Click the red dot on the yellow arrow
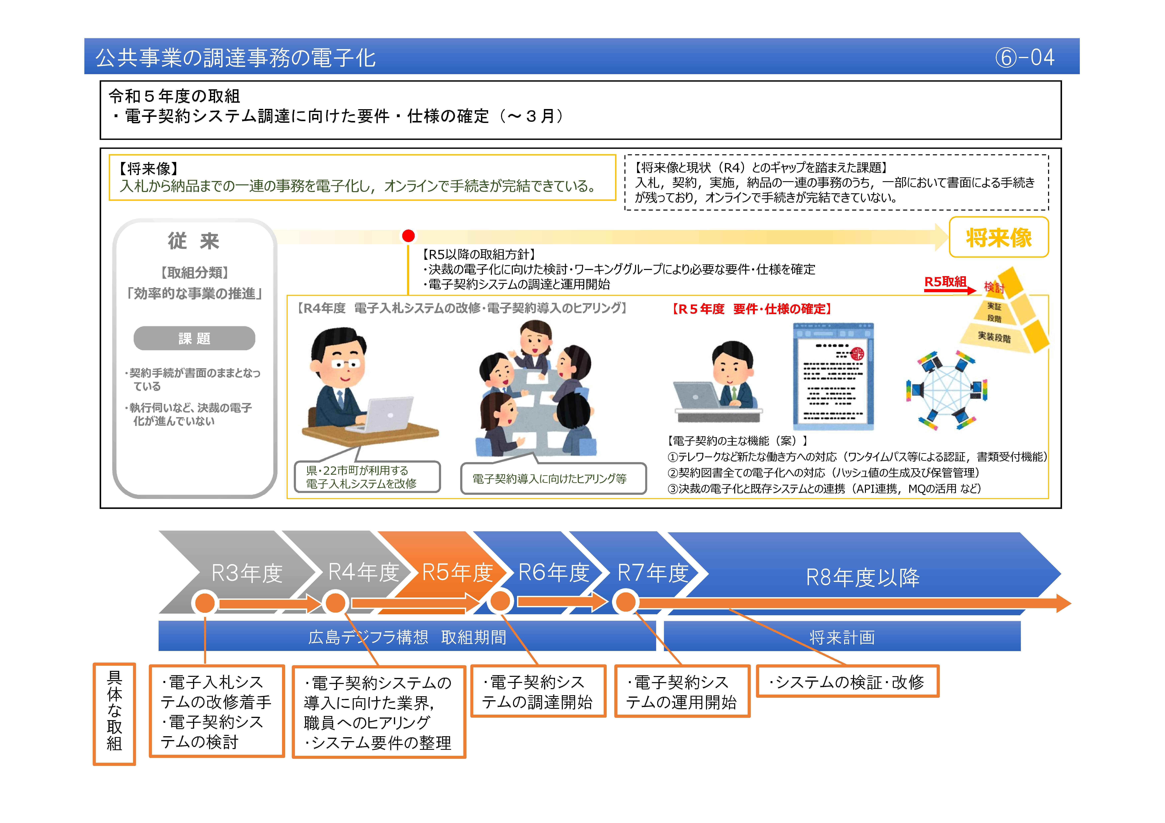click(408, 236)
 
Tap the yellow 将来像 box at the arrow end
click(998, 237)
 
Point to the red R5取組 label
click(945, 282)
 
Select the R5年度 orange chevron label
click(457, 572)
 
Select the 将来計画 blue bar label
click(842, 637)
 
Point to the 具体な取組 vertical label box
click(114, 713)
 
